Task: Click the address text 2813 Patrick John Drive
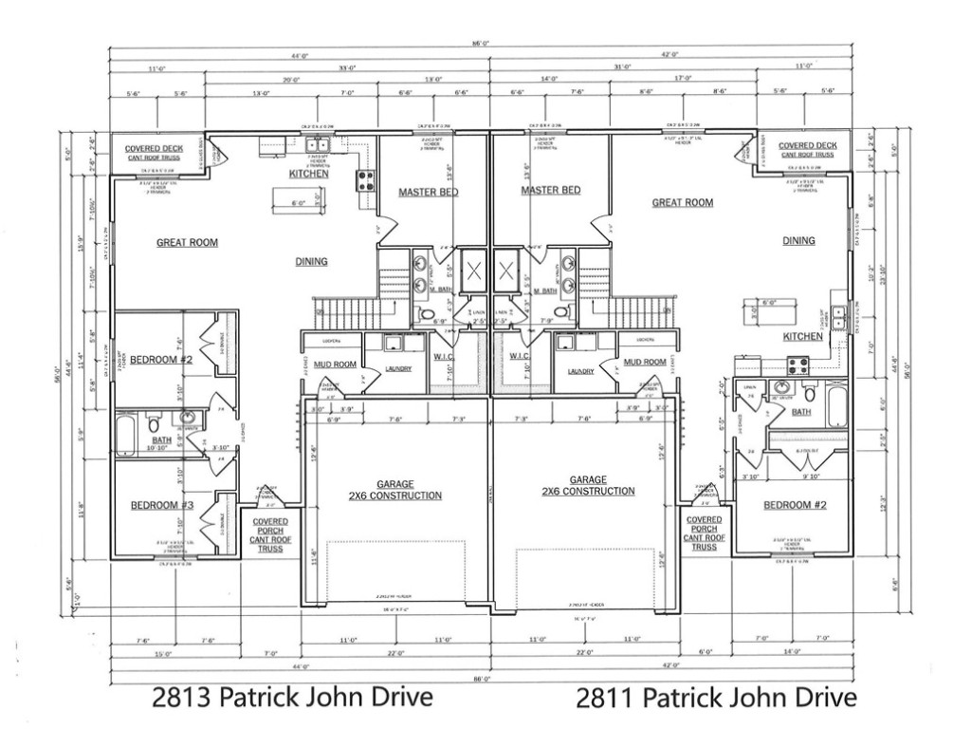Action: tap(292, 698)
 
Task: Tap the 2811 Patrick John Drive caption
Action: tap(716, 699)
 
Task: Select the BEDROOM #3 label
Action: tap(161, 506)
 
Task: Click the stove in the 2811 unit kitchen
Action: tap(797, 364)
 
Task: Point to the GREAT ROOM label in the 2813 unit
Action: tap(187, 243)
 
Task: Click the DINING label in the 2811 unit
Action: tap(798, 241)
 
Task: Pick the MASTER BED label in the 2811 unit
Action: tap(550, 191)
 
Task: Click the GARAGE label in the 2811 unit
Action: tap(588, 486)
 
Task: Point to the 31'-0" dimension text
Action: tap(622, 67)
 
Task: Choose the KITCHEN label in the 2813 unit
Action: tap(309, 174)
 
